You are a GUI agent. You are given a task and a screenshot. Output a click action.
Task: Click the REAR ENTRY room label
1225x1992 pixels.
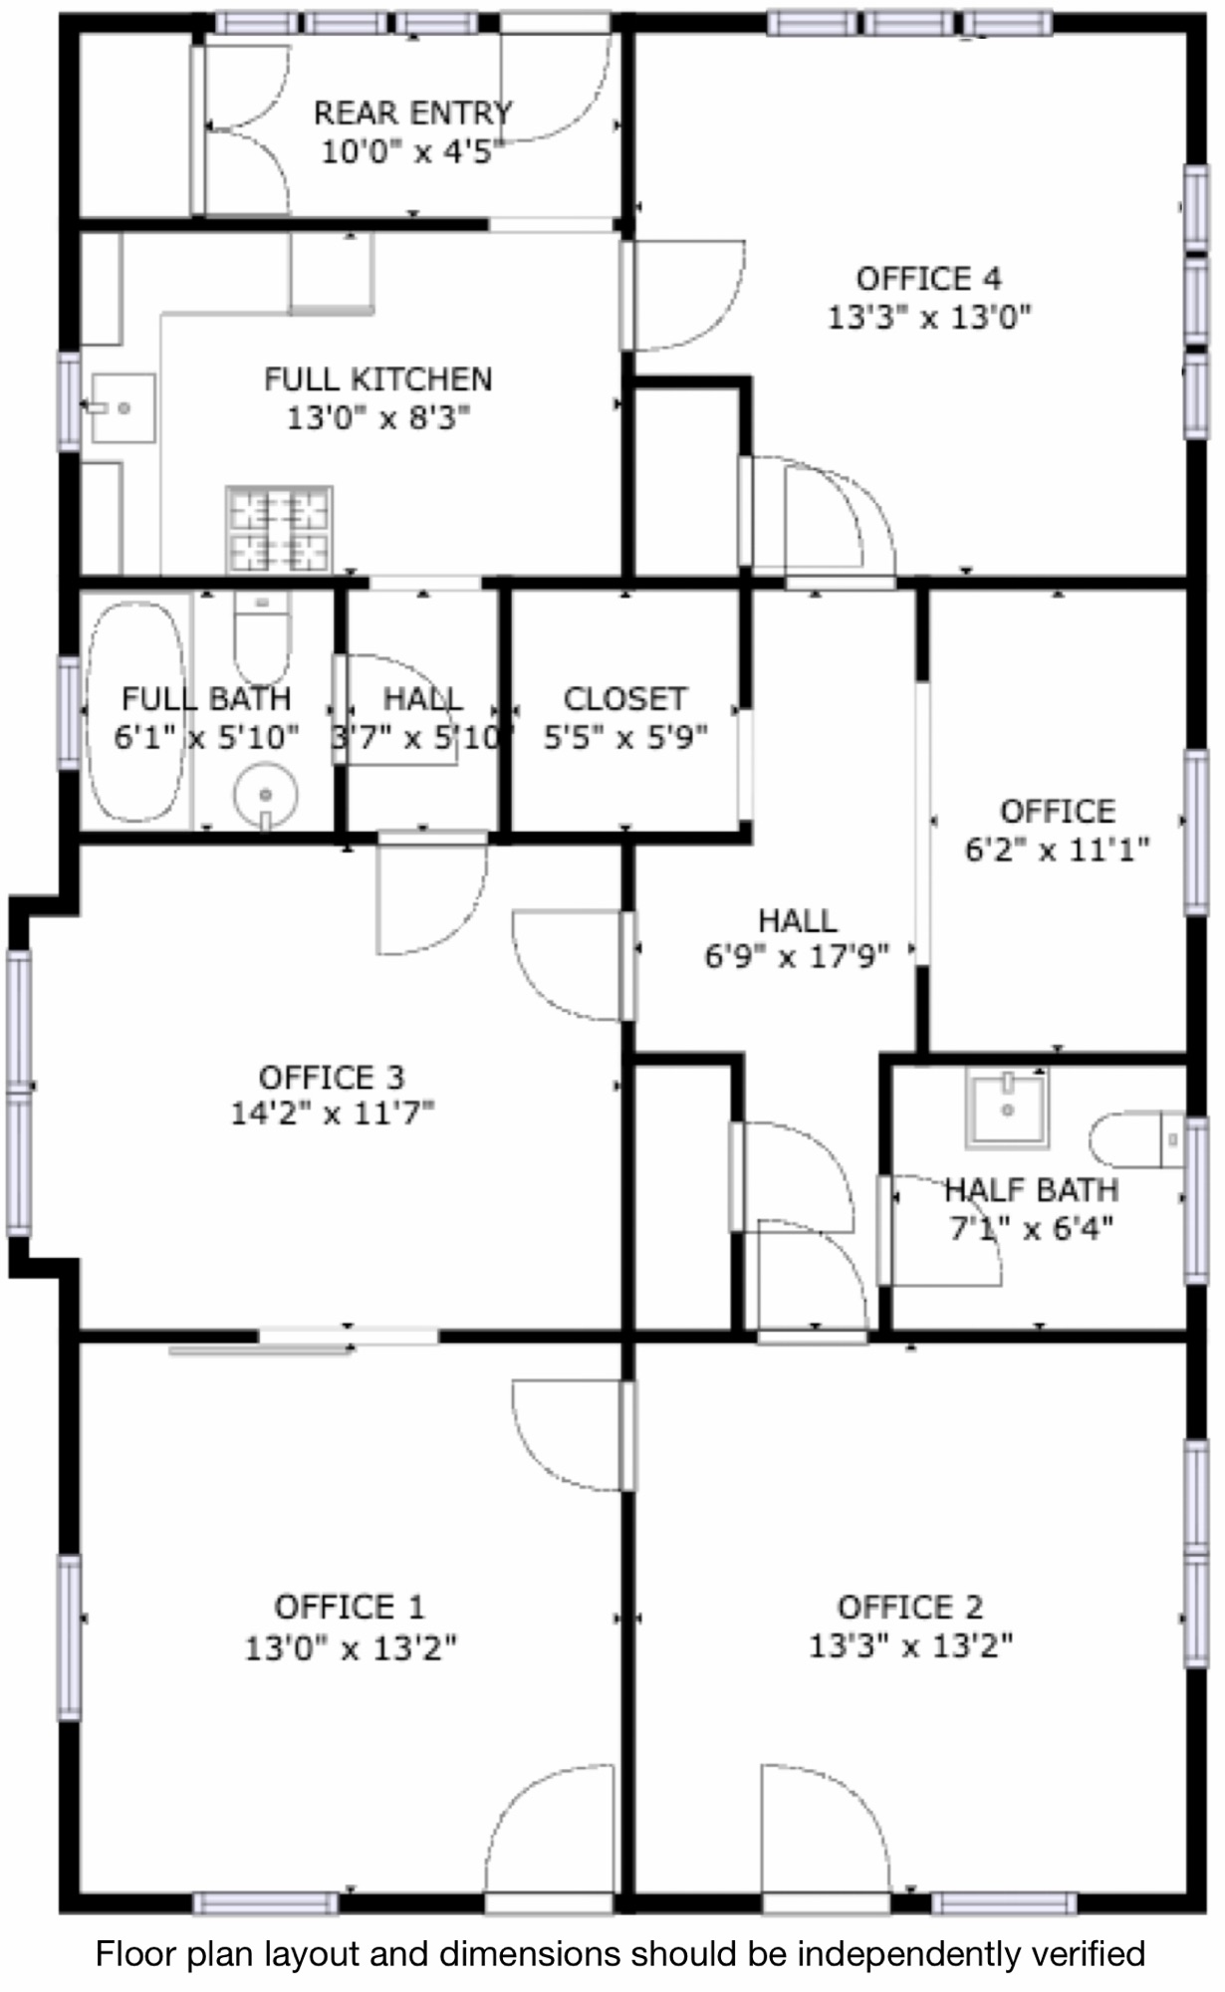(413, 113)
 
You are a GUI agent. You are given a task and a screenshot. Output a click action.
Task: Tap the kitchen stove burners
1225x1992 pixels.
(279, 530)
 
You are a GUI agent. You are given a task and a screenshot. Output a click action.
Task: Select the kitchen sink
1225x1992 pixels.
(122, 407)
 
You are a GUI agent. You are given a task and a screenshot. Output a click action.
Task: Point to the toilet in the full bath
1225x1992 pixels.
(262, 635)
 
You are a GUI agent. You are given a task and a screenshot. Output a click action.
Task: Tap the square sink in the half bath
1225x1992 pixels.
(1008, 1108)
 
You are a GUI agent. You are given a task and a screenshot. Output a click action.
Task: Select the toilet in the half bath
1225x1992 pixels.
(1136, 1139)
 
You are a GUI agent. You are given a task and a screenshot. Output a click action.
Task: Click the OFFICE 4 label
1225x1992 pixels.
(929, 278)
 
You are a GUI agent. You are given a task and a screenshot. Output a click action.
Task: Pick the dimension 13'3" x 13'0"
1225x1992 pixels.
(929, 318)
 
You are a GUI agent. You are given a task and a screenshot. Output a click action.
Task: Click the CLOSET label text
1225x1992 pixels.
(625, 698)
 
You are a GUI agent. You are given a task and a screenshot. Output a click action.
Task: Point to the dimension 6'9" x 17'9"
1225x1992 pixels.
(797, 956)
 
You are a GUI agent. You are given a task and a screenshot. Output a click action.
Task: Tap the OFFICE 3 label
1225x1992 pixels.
(332, 1077)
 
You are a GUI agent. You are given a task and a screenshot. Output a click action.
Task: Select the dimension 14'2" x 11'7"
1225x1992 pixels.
(333, 1112)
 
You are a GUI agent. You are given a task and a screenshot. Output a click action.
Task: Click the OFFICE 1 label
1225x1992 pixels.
(350, 1607)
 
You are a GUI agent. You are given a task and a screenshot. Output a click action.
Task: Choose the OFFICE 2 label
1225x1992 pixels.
(910, 1607)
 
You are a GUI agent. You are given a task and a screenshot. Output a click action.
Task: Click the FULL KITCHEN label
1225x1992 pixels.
(378, 378)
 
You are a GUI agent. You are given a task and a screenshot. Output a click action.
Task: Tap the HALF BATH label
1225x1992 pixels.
(1032, 1189)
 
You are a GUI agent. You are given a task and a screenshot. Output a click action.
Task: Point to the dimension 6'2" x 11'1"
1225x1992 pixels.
(1058, 850)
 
